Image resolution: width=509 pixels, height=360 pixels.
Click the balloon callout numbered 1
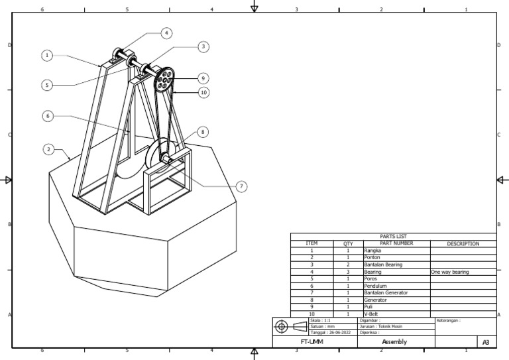pyautogui.click(x=47, y=56)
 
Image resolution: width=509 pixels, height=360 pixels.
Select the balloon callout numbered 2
pyautogui.click(x=48, y=149)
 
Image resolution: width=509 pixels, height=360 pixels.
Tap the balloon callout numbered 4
pyautogui.click(x=166, y=32)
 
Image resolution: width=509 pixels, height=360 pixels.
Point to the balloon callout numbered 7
pyautogui.click(x=241, y=187)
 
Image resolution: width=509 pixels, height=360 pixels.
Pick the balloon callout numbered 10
pyautogui.click(x=203, y=92)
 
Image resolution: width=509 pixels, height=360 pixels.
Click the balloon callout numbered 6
pyautogui.click(x=47, y=115)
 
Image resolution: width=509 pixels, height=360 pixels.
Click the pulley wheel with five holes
pyautogui.click(x=163, y=82)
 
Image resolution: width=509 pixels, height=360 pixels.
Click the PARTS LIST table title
pyautogui.click(x=393, y=236)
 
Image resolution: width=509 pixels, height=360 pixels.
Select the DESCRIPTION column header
pyautogui.click(x=463, y=243)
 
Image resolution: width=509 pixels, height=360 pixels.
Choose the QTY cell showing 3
pyautogui.click(x=348, y=272)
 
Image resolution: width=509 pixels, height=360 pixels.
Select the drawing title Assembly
pyautogui.click(x=394, y=341)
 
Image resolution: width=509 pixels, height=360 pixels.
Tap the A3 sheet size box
pyautogui.click(x=486, y=342)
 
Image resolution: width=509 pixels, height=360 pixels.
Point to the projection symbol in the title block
pyautogui.click(x=290, y=327)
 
